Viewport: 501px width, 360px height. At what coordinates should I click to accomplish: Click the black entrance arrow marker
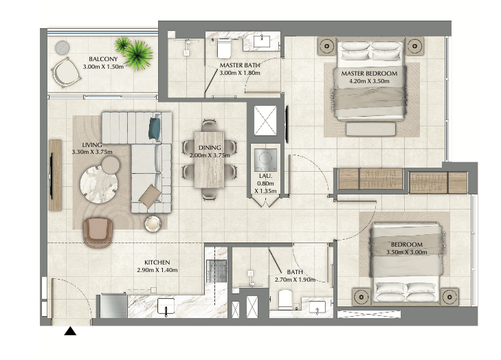70,331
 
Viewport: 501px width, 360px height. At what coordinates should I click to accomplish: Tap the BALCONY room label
103,59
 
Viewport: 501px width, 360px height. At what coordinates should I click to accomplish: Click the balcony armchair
66,73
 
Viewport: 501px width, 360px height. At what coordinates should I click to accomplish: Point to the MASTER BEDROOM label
369,74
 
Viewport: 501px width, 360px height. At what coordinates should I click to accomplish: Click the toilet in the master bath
223,48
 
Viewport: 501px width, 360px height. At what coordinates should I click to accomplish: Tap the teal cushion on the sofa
155,128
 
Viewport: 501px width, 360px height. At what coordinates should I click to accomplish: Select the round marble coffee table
99,184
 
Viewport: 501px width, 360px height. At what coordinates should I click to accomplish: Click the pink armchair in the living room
98,232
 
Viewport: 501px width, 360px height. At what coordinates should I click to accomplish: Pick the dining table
210,159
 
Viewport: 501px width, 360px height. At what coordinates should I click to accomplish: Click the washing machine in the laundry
265,160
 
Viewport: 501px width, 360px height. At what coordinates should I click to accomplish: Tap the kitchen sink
166,306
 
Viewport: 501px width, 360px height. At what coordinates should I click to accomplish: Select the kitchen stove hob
216,271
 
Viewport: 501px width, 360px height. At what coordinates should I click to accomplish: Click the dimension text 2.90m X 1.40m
157,270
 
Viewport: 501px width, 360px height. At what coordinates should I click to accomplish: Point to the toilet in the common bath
285,300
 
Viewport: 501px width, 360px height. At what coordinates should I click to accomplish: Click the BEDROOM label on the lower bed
407,245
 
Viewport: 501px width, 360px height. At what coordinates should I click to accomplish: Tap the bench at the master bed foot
371,129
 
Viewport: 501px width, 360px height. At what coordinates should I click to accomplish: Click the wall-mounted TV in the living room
51,175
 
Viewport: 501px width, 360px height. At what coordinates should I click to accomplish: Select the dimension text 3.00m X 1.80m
240,73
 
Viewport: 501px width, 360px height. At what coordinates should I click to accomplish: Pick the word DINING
210,148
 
